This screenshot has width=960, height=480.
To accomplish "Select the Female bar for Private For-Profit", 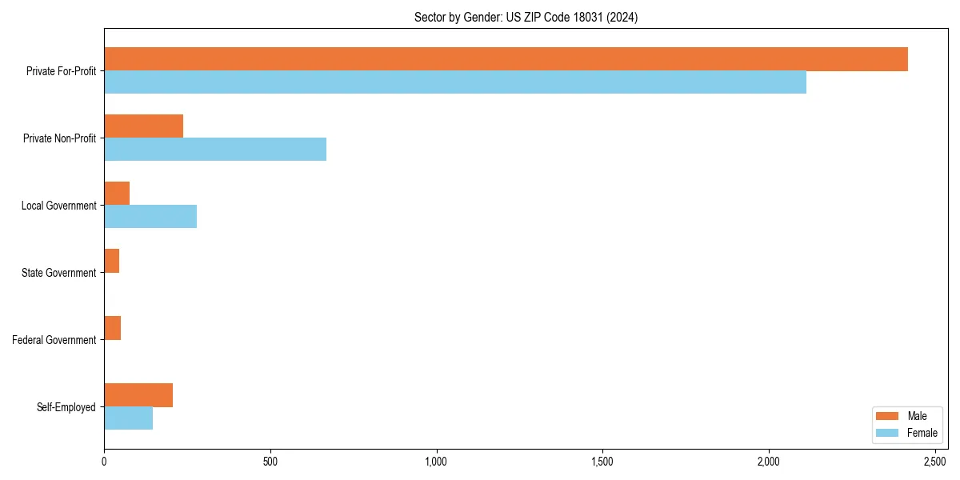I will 455,82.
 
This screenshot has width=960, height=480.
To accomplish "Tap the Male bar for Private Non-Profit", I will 144,126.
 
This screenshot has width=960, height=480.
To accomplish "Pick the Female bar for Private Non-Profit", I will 215,150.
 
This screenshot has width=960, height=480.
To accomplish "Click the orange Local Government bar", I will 117,194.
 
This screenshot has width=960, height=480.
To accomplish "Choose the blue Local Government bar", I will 150,217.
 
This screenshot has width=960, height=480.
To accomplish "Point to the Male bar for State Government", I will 112,261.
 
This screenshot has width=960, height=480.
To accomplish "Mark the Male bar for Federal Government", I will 113,328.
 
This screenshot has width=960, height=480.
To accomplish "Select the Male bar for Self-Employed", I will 138,395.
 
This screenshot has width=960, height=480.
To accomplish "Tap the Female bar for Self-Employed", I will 129,418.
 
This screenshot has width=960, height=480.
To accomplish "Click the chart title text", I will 526,17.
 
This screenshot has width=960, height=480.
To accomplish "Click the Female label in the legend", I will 922,433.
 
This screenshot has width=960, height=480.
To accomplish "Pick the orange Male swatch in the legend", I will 888,416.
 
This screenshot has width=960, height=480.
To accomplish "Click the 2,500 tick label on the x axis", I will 934,462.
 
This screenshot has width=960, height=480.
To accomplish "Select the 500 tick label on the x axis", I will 270,462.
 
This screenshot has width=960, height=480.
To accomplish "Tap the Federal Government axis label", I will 54,340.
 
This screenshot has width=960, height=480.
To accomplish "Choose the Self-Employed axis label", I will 66,407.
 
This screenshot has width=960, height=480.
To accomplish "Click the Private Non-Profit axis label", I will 59,138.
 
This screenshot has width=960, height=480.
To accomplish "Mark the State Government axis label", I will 58,273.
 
